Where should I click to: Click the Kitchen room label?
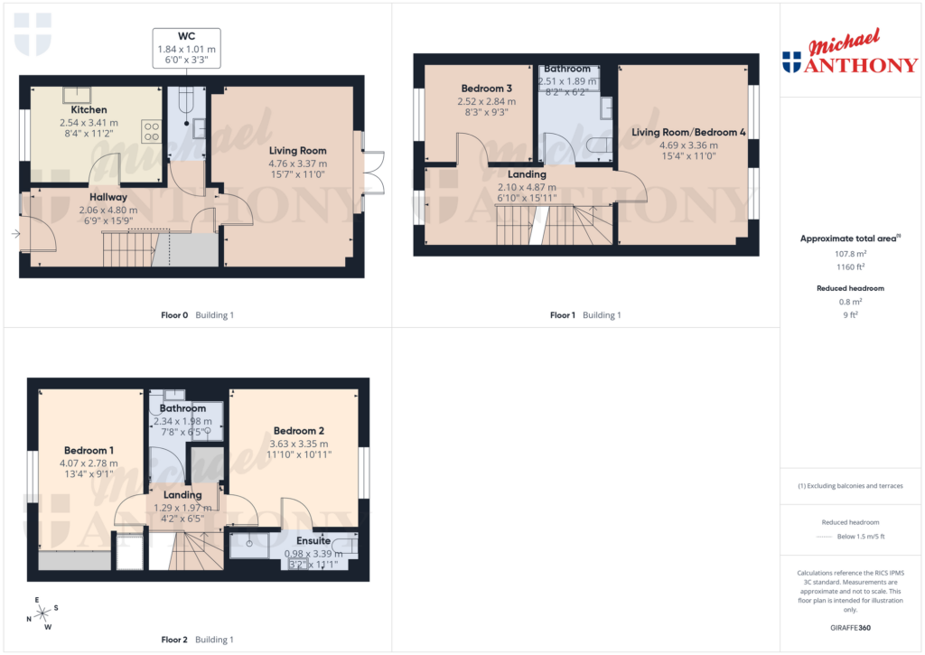89,110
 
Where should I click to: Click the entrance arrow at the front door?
15,234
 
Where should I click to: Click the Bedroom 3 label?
487,89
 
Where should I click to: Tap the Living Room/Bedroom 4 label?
687,133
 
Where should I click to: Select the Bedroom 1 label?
89,450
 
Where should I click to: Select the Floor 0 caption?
170,315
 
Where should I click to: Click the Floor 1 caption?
561,315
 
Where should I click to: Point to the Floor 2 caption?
173,640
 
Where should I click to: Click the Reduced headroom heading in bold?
850,288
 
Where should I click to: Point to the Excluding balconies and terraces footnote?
850,486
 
